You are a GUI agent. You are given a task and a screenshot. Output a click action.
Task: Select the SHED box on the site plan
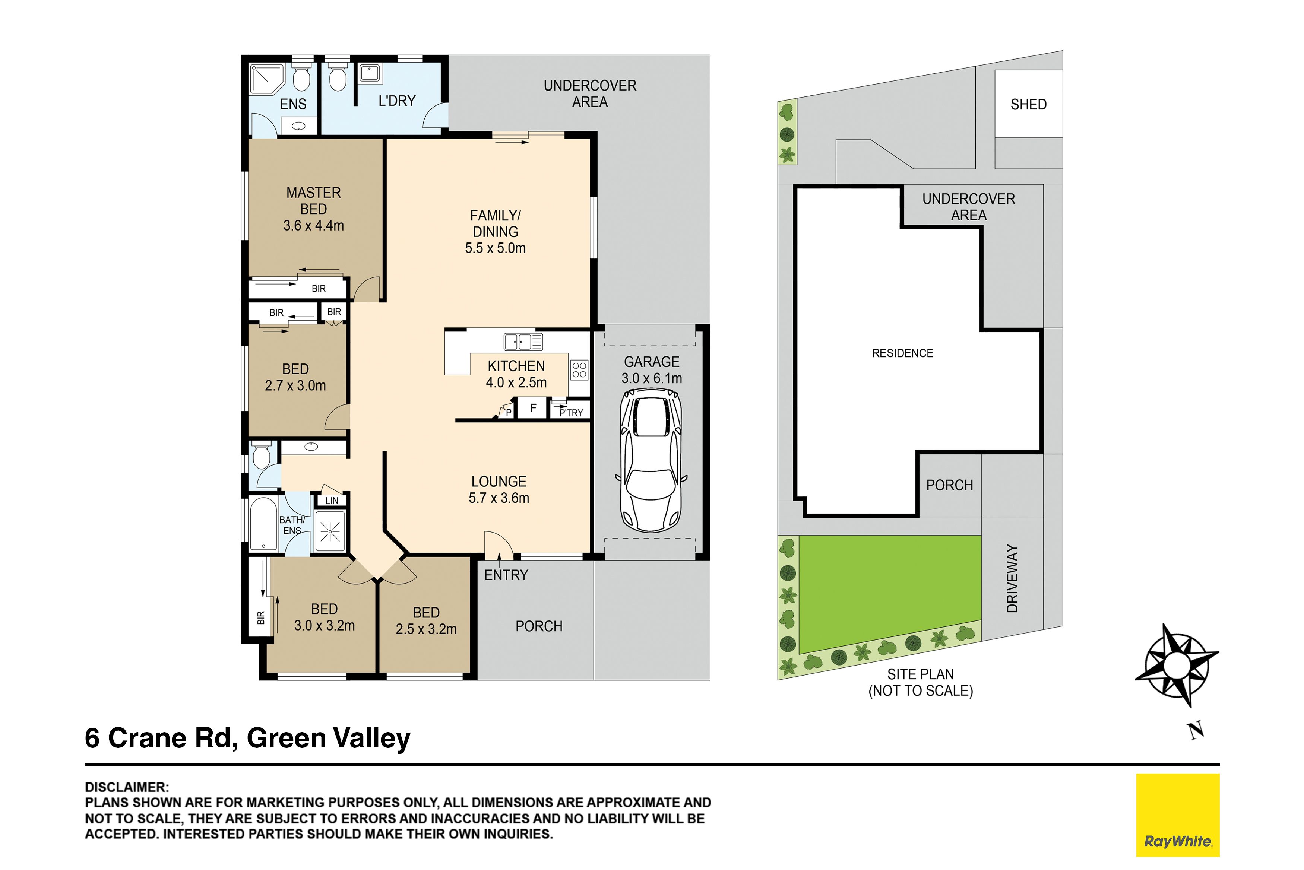1028,104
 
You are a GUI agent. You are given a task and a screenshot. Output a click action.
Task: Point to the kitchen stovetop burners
579,370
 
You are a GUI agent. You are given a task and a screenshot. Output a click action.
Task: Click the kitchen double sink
523,342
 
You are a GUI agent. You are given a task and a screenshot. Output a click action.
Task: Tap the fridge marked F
533,408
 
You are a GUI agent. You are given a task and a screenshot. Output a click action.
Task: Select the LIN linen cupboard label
332,501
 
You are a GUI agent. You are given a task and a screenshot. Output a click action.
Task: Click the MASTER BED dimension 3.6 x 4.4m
313,226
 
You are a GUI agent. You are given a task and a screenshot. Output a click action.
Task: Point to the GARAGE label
652,362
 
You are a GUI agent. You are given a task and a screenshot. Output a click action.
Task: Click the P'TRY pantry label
571,413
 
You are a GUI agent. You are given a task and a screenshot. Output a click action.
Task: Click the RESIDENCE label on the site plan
902,353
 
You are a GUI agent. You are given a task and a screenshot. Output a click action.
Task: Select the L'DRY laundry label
397,101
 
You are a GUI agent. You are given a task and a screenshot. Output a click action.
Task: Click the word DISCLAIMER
127,787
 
